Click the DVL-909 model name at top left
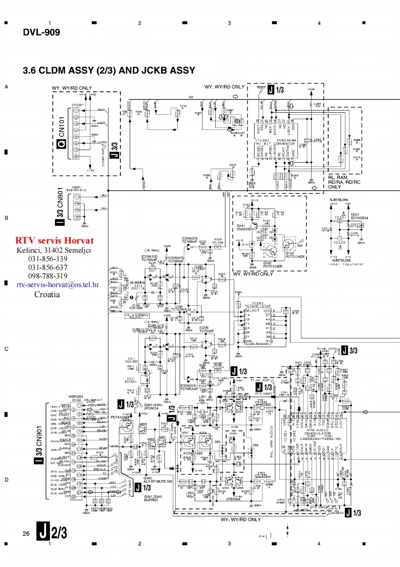41,33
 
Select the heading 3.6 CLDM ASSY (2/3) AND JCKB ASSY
109,70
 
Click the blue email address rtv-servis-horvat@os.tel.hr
57,285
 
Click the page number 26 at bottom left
26,534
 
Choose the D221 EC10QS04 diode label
359,216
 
